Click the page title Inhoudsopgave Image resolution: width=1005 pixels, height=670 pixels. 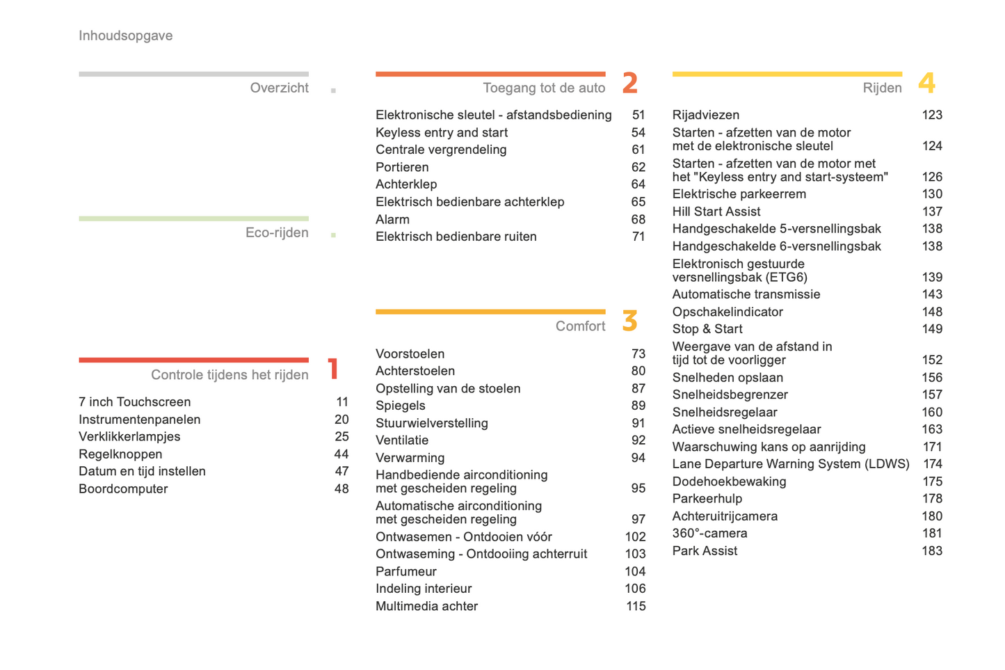point(125,35)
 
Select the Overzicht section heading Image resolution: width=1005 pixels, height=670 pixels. point(279,88)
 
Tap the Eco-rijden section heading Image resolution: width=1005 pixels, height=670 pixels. point(277,232)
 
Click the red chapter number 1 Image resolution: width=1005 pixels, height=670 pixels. point(333,368)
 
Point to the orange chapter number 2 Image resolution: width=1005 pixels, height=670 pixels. point(630,83)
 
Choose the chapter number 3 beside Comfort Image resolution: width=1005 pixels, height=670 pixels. point(630,321)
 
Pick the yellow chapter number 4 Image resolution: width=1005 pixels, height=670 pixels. point(926,83)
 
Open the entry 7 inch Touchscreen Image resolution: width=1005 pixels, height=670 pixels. point(134,402)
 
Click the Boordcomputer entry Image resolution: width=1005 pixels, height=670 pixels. point(123,488)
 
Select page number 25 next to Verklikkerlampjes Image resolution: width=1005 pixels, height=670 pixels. point(341,436)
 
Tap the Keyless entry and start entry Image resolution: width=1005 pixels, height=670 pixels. point(442,132)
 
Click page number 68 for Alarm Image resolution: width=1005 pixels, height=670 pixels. point(638,219)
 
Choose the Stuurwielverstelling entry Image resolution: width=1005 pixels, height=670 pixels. point(432,423)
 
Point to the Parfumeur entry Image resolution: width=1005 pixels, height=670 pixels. point(406,571)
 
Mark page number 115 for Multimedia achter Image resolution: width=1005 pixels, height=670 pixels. point(636,606)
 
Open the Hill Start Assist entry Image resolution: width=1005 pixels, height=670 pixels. point(716,212)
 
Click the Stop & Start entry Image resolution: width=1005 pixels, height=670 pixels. point(707,329)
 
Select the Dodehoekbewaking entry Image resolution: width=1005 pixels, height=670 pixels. point(729,481)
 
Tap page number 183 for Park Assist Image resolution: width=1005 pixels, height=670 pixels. point(932,551)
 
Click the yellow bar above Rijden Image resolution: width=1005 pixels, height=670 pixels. point(787,74)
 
